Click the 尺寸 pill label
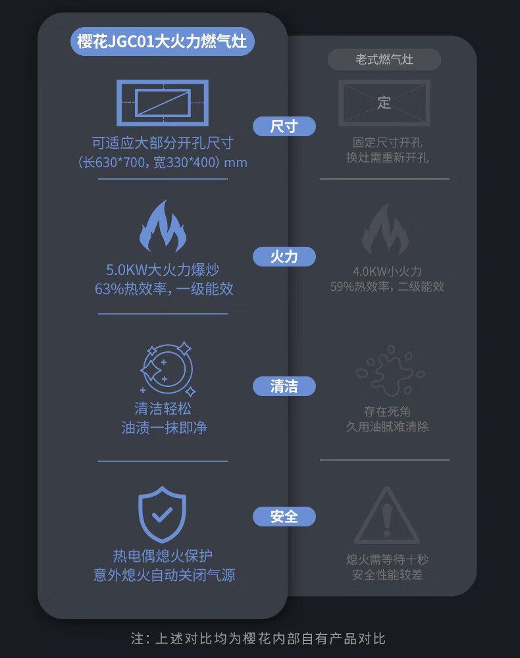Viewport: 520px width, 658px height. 284,126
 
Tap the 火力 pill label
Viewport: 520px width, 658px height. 284,257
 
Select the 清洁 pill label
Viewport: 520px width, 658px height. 284,386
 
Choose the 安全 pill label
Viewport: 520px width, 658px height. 284,516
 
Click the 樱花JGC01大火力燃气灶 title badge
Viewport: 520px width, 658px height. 163,41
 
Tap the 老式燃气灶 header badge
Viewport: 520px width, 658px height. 384,59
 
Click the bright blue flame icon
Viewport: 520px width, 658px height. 163,226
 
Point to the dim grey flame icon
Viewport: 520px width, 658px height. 385,230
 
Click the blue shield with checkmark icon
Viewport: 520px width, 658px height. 162,515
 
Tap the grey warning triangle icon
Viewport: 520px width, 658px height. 386,515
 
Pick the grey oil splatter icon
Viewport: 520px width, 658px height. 390,370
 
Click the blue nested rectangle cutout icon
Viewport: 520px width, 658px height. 163,103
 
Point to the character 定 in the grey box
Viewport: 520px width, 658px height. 384,103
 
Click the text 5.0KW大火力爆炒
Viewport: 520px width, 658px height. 163,270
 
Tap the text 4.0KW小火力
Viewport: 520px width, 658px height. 387,272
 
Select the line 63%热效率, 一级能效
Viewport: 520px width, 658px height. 164,289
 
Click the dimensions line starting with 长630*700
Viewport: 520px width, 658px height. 163,162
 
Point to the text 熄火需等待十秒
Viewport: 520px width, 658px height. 387,559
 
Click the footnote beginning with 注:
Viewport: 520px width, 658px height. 258,639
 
